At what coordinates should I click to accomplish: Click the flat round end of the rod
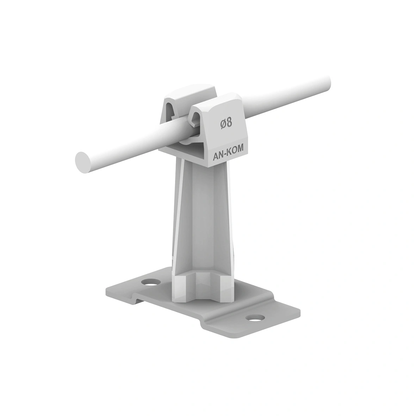point(83,162)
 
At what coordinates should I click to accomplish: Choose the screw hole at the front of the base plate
point(254,317)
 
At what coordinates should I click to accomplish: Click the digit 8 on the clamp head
point(230,123)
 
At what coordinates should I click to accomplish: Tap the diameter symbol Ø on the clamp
point(223,124)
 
